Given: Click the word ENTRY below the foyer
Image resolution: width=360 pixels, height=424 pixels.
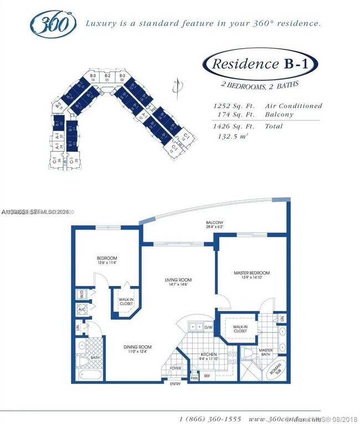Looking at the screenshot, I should [176, 384].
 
